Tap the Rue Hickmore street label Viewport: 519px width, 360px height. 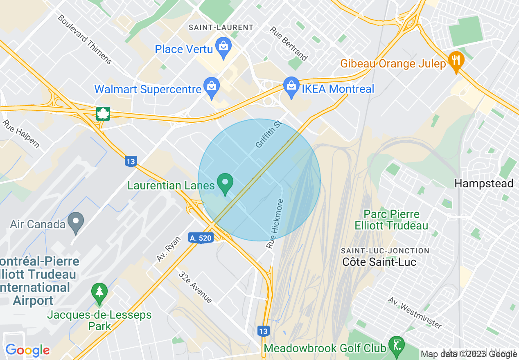coord(275,224)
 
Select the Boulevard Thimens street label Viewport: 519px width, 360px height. coord(85,40)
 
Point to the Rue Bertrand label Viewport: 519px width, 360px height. coord(289,44)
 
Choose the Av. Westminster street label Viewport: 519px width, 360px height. coord(415,313)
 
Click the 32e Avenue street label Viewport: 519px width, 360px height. coord(195,287)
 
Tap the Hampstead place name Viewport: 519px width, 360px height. coord(484,183)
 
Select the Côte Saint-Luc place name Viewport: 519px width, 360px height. coord(379,262)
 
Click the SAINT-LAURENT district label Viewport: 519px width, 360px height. coord(221,27)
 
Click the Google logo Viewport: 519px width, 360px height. coord(27,350)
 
